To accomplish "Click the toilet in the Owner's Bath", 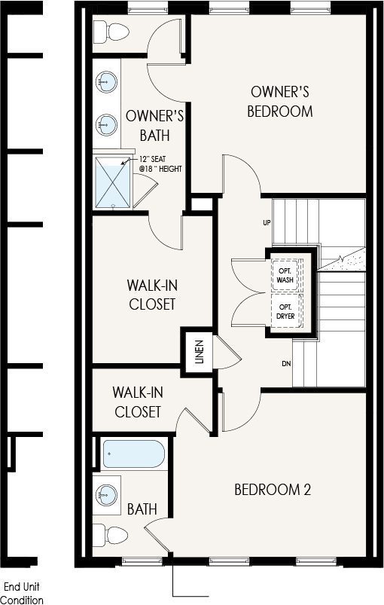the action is click(111, 31).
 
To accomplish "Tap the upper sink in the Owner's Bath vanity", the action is click(106, 82).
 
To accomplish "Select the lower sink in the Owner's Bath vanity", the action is click(106, 124).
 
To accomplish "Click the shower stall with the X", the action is click(113, 182).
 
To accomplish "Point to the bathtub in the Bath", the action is click(134, 454).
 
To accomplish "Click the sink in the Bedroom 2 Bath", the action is click(106, 495).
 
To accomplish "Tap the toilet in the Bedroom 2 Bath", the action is click(110, 534).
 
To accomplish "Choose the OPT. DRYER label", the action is click(285, 311).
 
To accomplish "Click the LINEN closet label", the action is click(199, 352).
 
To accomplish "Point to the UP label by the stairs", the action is click(267, 222).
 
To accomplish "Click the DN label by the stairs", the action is click(286, 363).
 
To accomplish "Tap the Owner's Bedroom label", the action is click(280, 102).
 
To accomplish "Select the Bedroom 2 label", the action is click(273, 490).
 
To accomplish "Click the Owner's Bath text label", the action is click(154, 126).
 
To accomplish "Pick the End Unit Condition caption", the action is click(24, 594).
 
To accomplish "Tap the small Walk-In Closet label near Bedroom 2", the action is click(138, 402).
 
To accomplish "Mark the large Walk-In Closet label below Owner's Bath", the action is click(152, 295).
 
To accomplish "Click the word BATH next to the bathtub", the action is click(142, 509).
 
